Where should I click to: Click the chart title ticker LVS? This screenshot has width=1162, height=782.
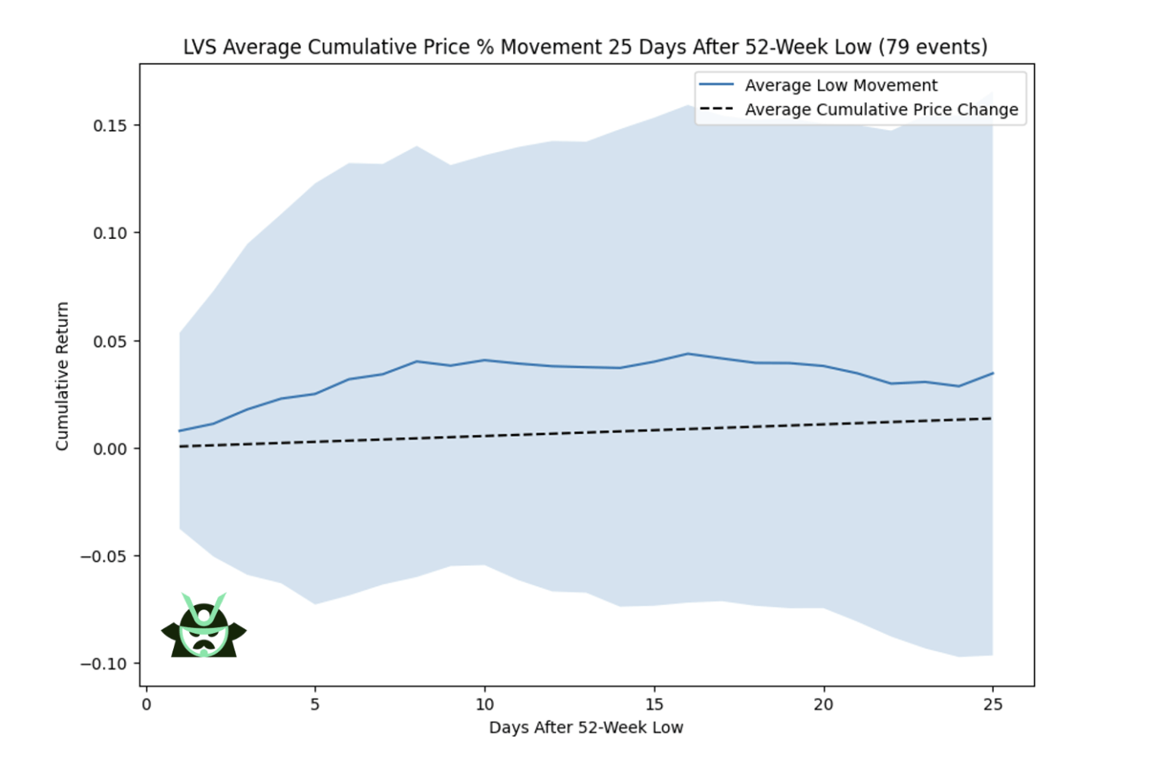pyautogui.click(x=200, y=47)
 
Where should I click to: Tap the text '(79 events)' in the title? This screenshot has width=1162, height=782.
pyautogui.click(x=933, y=47)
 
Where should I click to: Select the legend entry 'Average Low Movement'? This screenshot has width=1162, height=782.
pyautogui.click(x=840, y=85)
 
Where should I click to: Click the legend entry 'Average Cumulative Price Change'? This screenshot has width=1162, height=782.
pyautogui.click(x=881, y=110)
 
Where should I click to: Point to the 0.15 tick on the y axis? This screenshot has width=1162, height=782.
pyautogui.click(x=110, y=126)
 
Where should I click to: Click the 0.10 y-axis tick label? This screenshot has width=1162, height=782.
pyautogui.click(x=110, y=233)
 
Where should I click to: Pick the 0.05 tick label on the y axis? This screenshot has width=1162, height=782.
pyautogui.click(x=110, y=341)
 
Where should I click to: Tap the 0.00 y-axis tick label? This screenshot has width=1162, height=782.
pyautogui.click(x=110, y=448)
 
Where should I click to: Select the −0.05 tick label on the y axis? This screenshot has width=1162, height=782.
pyautogui.click(x=104, y=557)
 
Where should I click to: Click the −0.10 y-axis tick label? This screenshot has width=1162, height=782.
pyautogui.click(x=104, y=664)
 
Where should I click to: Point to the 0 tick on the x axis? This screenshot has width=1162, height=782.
pyautogui.click(x=146, y=705)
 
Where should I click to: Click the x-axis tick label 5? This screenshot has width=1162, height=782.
pyautogui.click(x=315, y=705)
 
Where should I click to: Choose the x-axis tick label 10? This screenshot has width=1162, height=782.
pyautogui.click(x=485, y=705)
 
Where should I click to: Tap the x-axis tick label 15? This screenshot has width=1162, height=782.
pyautogui.click(x=654, y=705)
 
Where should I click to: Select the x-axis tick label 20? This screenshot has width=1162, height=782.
pyautogui.click(x=823, y=705)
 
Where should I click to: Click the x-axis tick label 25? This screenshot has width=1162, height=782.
pyautogui.click(x=993, y=705)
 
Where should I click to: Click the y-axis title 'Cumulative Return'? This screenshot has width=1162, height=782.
pyautogui.click(x=62, y=376)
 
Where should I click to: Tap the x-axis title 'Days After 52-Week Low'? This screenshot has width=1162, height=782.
pyautogui.click(x=586, y=728)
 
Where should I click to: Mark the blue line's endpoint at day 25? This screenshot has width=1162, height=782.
pyautogui.click(x=993, y=373)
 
